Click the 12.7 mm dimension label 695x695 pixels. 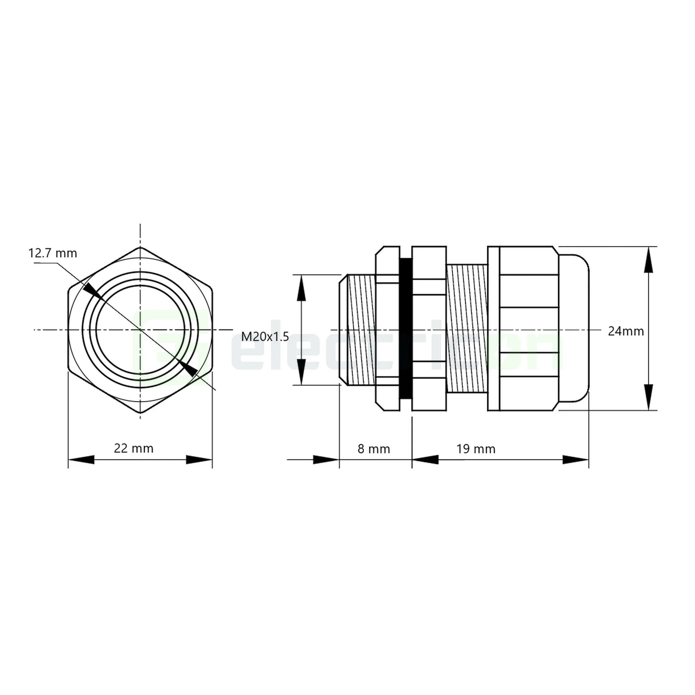(52, 254)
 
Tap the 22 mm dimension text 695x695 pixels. (133, 449)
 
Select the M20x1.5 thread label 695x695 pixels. (265, 337)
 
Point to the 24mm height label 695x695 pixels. (625, 331)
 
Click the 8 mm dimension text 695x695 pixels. (374, 449)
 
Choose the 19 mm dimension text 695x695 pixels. (476, 449)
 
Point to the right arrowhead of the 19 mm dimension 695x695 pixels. (575, 459)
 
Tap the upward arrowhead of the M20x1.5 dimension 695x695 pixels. (301, 289)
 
